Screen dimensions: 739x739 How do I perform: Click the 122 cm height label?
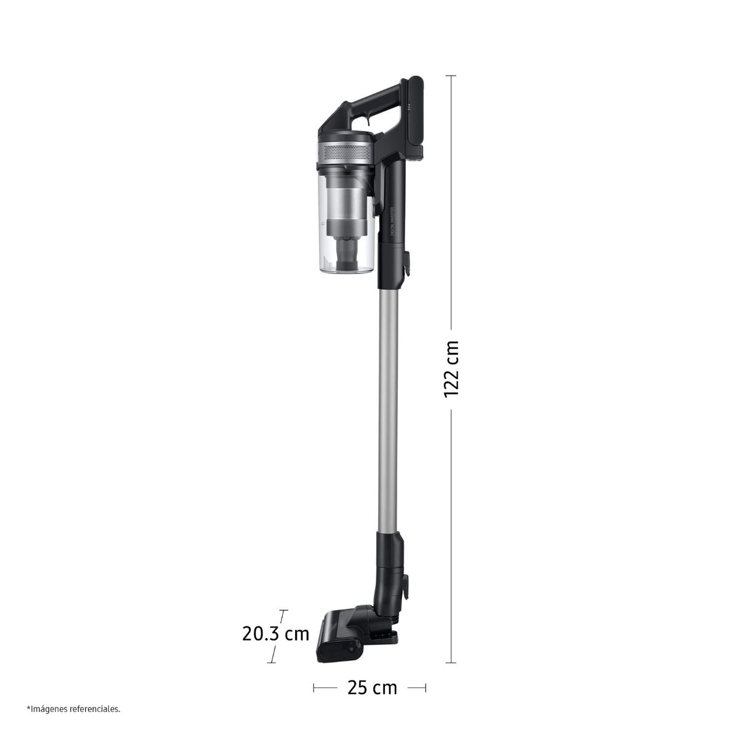[451, 368]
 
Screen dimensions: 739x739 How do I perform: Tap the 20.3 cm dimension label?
[275, 633]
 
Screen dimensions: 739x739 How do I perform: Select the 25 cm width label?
[372, 687]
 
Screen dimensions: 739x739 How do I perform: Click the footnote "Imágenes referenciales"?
[73, 709]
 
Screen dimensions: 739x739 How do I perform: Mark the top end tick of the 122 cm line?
[451, 76]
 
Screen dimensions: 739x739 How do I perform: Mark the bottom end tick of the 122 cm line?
[451, 663]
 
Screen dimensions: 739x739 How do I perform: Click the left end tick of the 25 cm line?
[314, 687]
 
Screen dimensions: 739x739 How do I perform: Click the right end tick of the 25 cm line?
[426, 687]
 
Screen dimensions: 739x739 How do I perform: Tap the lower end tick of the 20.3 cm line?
[271, 661]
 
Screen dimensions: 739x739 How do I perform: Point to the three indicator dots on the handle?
[408, 108]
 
